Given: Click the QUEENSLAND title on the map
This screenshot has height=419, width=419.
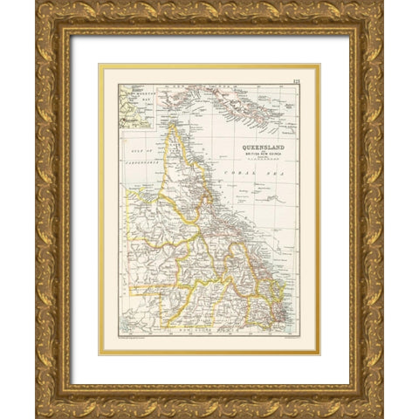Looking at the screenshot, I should click(264, 147).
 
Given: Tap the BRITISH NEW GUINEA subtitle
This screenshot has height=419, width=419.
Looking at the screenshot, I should click(264, 155).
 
